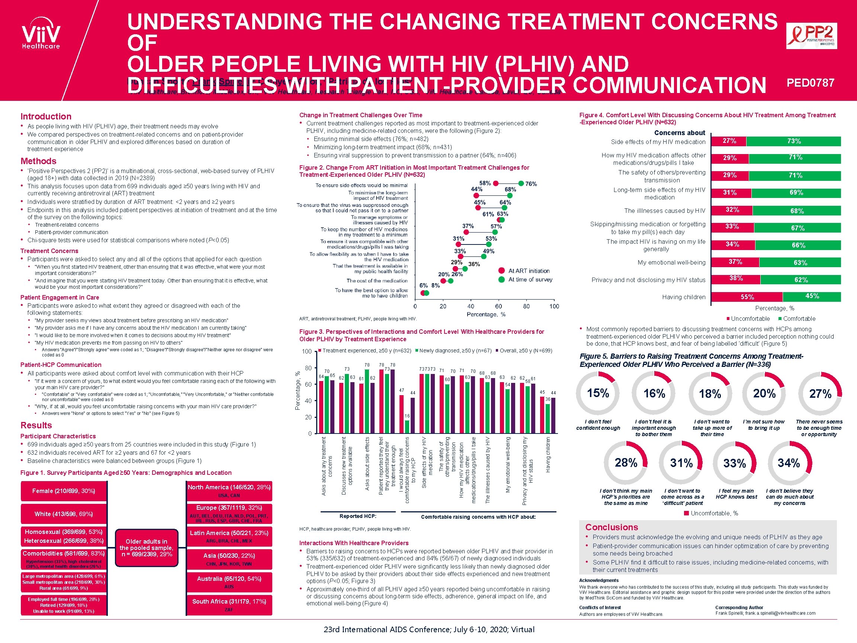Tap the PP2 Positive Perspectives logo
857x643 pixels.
(811, 36)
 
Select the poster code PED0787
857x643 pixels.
(810, 83)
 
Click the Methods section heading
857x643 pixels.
(38, 161)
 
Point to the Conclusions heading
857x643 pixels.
(612, 527)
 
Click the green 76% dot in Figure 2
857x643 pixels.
(521, 183)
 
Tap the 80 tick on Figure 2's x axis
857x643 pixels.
(526, 306)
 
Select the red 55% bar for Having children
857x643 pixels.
(747, 297)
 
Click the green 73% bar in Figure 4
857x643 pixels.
(793, 141)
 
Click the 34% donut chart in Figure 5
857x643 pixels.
(790, 463)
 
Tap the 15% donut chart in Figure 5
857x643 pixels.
(598, 393)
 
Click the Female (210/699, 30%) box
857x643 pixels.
(64, 491)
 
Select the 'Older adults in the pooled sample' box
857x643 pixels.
(147, 547)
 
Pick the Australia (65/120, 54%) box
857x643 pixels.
(229, 581)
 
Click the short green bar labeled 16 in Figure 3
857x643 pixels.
(407, 426)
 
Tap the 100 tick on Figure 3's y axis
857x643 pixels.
(306, 351)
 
